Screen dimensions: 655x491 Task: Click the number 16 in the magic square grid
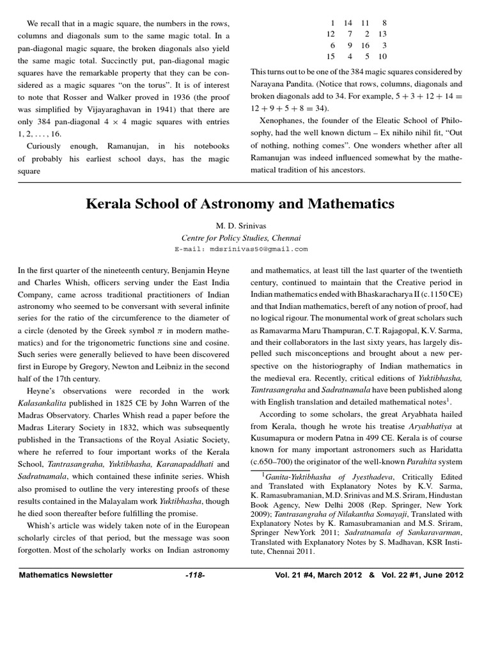[x=365, y=46]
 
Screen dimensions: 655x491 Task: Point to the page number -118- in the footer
[x=194, y=575]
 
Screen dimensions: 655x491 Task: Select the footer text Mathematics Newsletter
[x=66, y=575]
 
